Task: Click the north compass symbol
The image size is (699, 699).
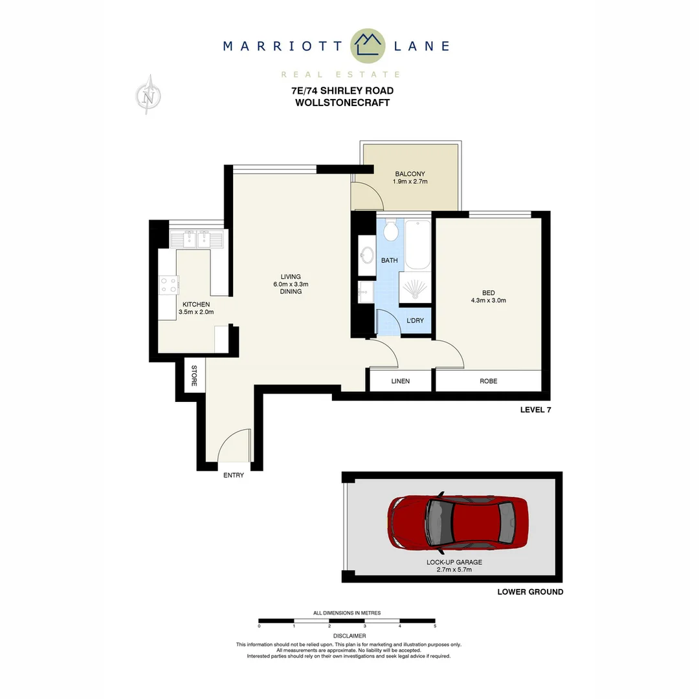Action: pos(150,96)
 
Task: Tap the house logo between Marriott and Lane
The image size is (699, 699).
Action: pos(368,45)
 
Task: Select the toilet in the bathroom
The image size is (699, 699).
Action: pos(390,231)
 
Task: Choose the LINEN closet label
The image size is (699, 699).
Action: pos(401,381)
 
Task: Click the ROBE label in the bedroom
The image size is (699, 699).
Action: pos(489,381)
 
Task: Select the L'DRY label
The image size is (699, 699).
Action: pos(415,320)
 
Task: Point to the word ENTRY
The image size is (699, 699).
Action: pos(234,475)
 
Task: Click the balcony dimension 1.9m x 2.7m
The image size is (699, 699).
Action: pos(410,182)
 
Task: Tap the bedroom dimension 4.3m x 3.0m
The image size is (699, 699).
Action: pos(488,300)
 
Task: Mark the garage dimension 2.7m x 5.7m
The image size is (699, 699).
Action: pos(454,570)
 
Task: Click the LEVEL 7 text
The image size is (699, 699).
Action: pos(535,410)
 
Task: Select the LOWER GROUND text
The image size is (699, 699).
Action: pos(530,592)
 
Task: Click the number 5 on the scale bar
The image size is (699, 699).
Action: pos(435,627)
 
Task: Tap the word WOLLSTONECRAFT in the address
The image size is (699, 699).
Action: pos(342,102)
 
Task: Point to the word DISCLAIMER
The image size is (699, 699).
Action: pos(349,636)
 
